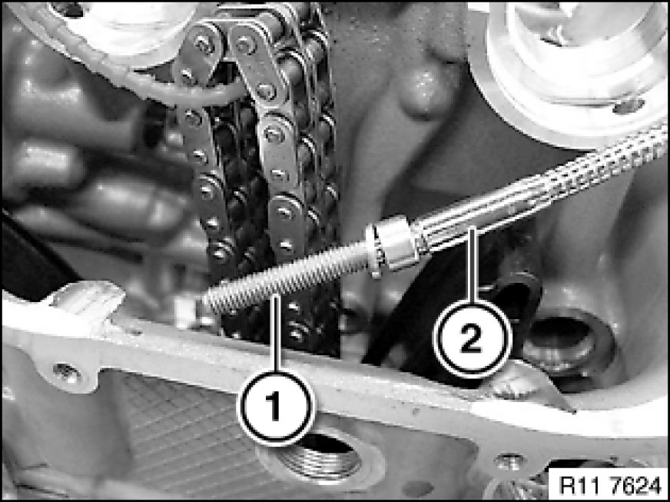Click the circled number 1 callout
point(276,407)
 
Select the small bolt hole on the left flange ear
point(66,372)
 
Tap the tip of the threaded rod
point(205,302)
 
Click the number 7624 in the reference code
point(636,484)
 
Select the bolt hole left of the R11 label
point(509,462)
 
